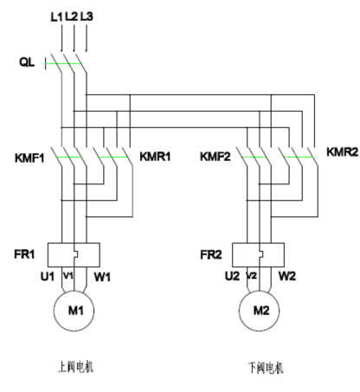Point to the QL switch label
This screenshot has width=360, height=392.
coord(28,63)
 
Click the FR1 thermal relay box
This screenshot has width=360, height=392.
coord(74,254)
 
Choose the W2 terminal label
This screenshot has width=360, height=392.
coord(288,278)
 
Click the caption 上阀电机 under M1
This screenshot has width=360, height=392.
coord(75,366)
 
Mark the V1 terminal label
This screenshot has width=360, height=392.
coord(71,277)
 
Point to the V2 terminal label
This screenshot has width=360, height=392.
coord(254,277)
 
